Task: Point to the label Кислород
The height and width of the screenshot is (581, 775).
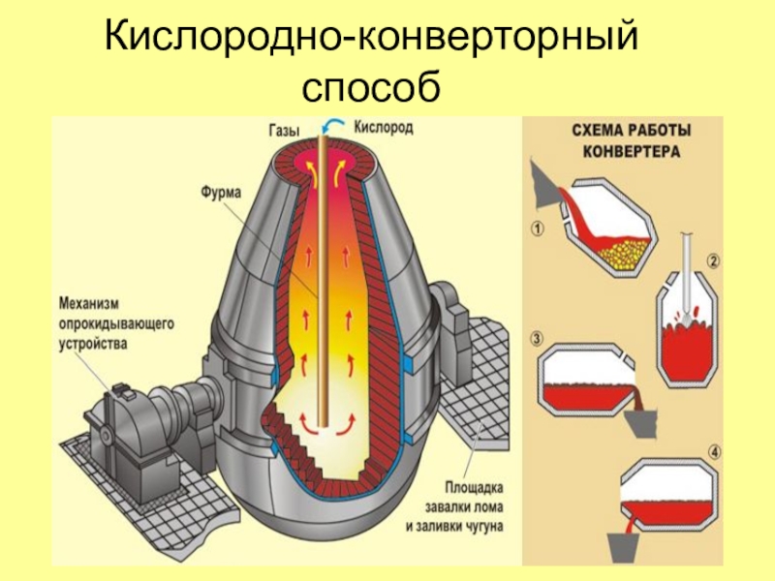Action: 384,126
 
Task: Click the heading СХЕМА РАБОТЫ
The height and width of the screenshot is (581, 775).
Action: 623,134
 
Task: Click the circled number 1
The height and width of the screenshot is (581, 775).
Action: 539,229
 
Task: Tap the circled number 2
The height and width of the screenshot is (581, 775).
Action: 712,260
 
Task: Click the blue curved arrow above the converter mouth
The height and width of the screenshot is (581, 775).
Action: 335,123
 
